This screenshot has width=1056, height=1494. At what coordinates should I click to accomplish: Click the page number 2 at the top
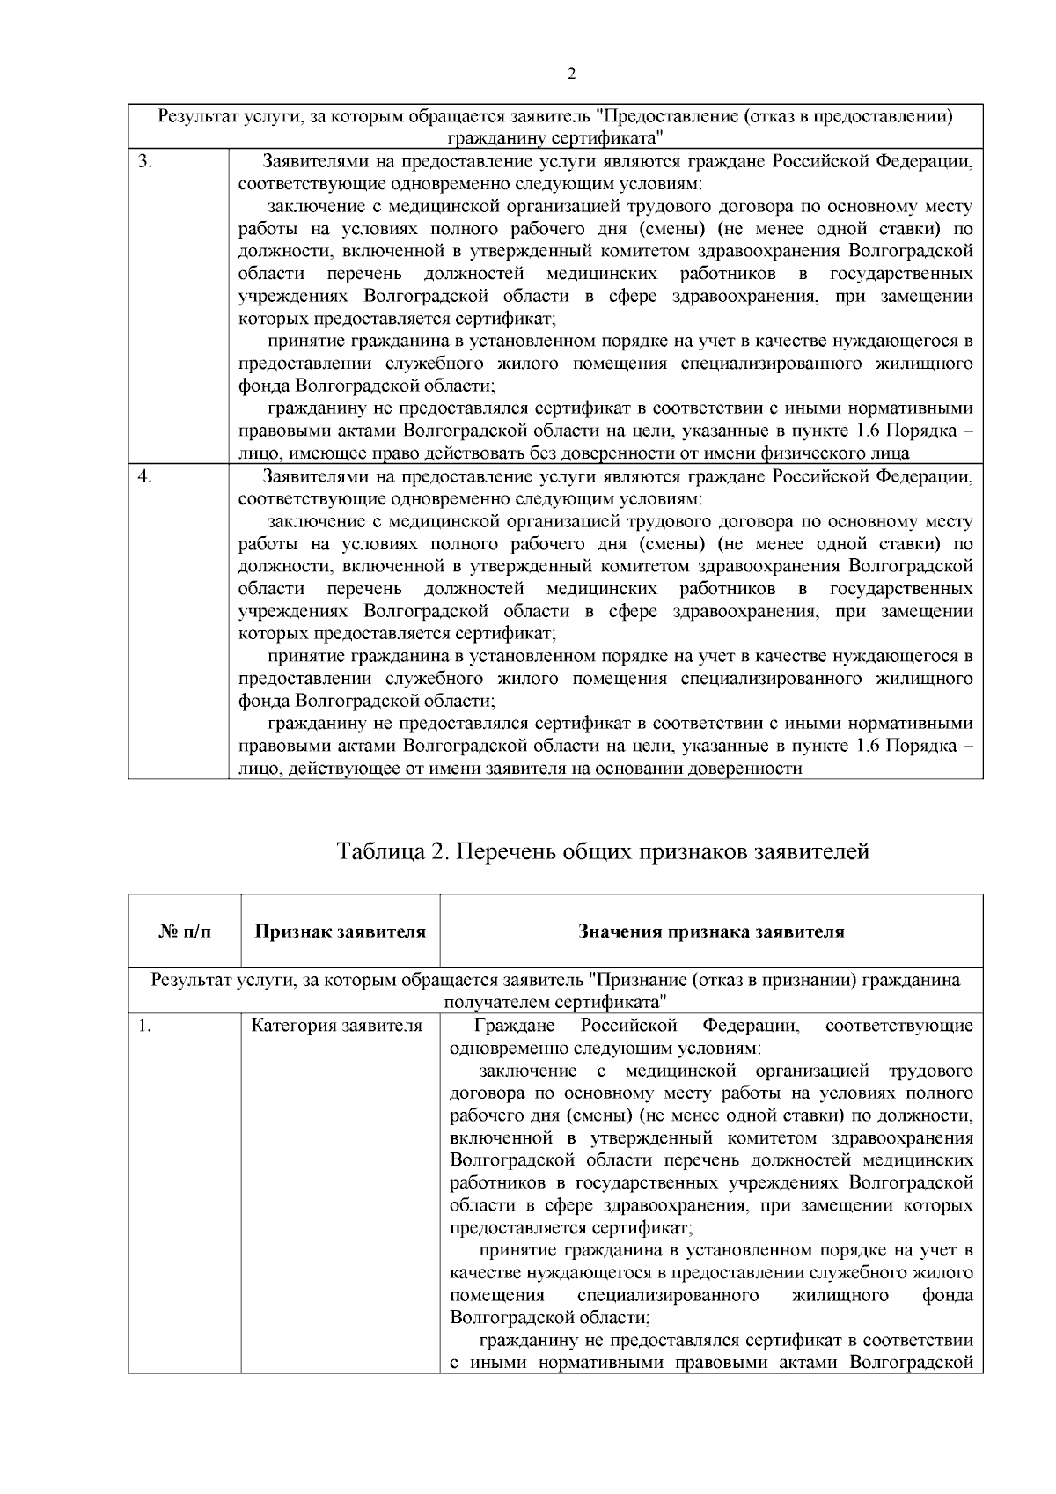(571, 74)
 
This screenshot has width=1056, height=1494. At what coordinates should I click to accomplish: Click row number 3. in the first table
(147, 162)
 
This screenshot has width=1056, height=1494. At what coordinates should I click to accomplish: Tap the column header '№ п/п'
(185, 931)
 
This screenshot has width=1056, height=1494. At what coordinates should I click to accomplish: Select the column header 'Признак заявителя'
(340, 931)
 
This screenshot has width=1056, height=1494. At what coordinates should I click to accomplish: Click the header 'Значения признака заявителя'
(711, 931)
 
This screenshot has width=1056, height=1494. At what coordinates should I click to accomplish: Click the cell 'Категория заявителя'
(337, 1026)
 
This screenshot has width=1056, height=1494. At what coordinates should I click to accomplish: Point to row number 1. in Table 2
(145, 1026)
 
